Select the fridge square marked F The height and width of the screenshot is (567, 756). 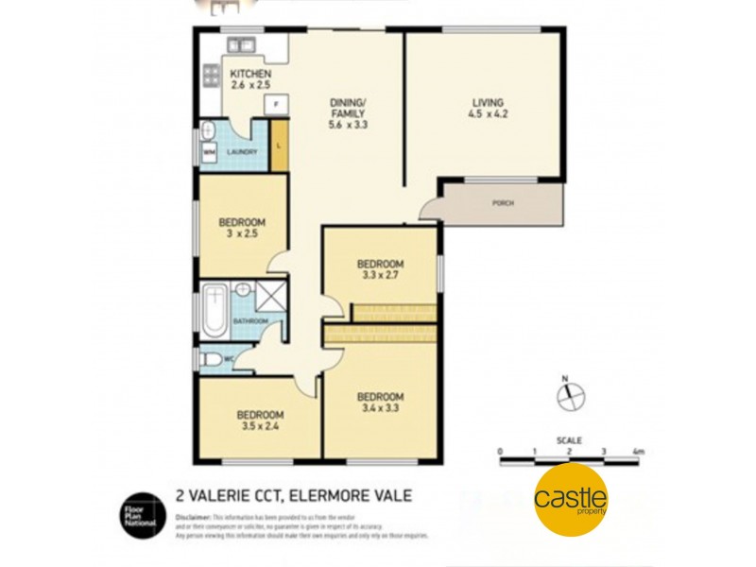[276, 104]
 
